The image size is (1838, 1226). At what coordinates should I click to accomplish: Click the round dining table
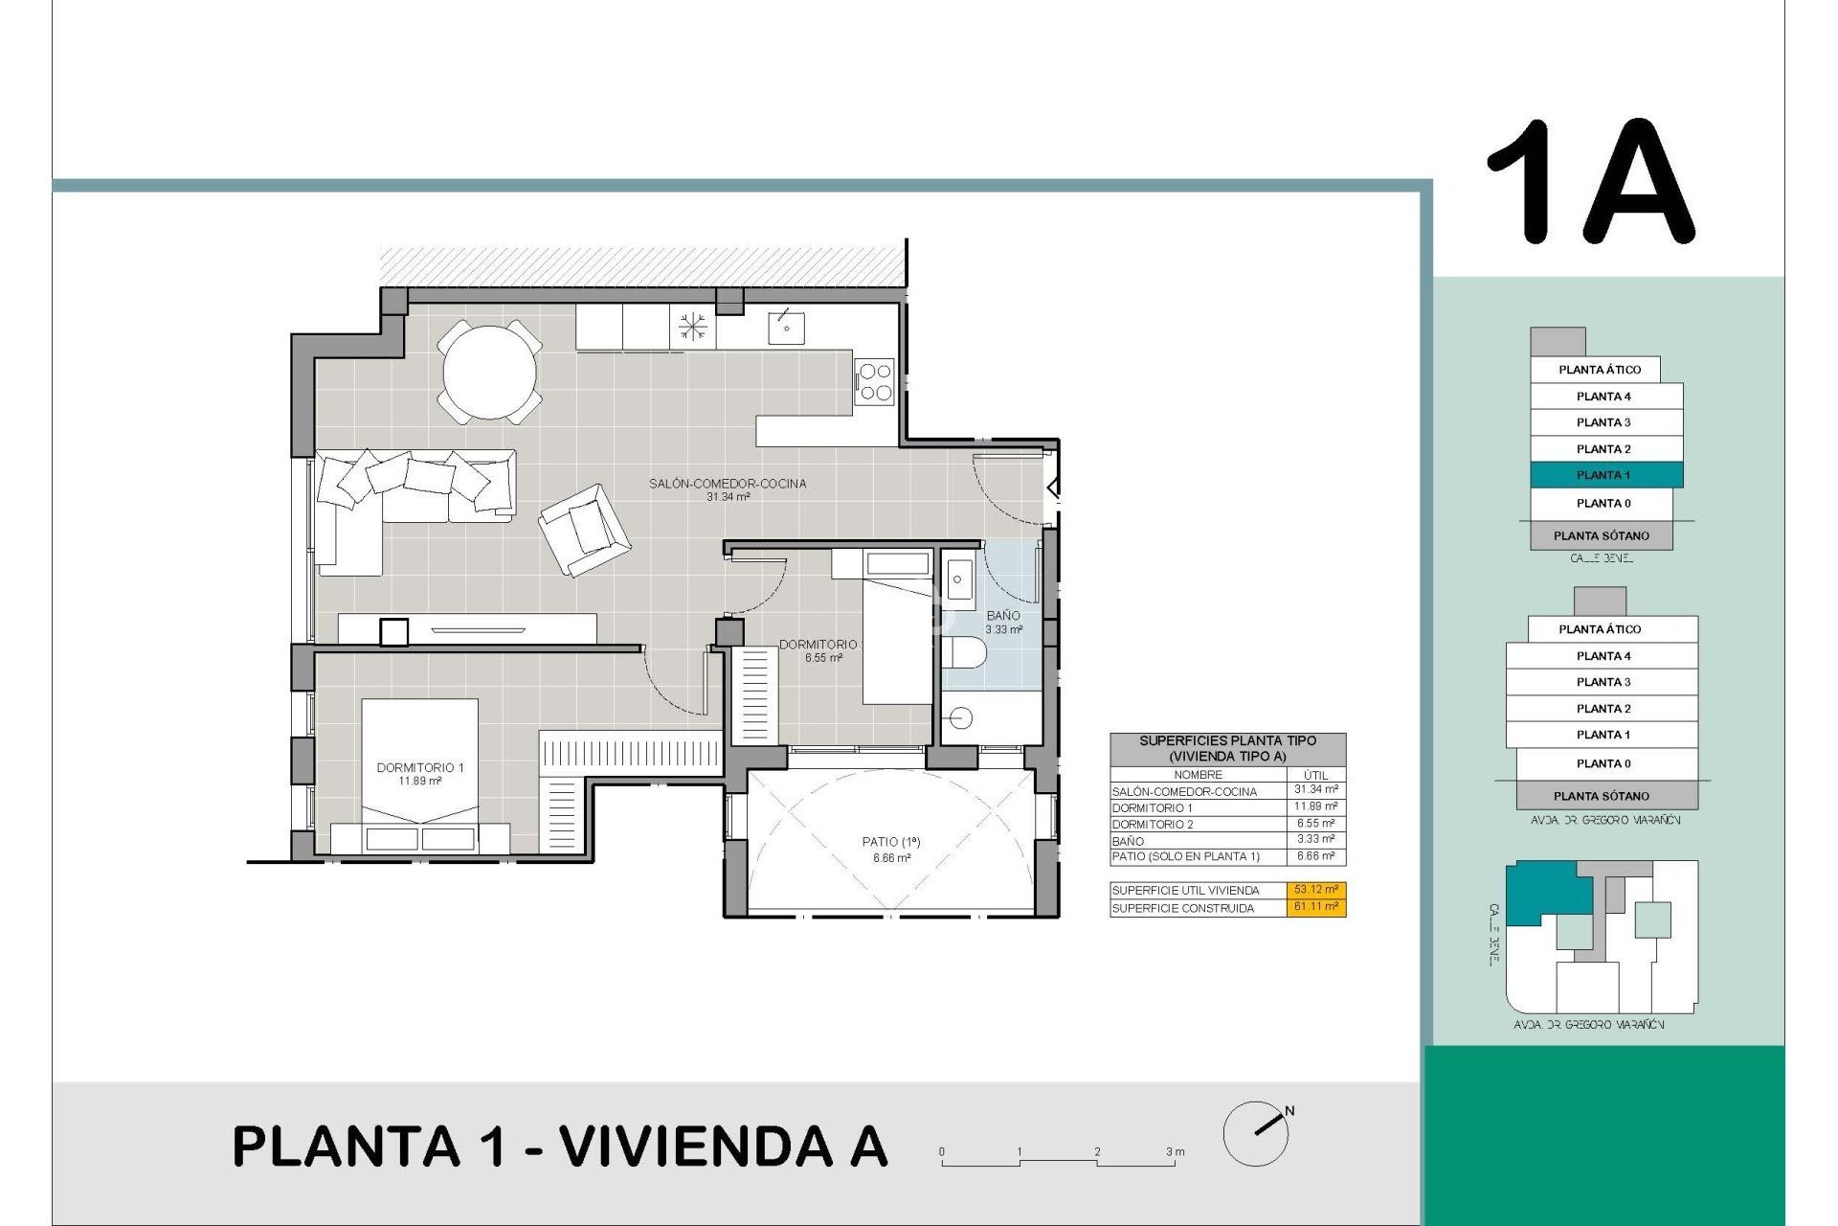click(x=489, y=372)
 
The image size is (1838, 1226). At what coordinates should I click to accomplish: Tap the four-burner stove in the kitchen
click(x=874, y=381)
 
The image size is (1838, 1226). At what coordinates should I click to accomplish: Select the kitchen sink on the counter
click(x=786, y=328)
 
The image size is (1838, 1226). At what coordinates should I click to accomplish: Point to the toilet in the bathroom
click(x=963, y=653)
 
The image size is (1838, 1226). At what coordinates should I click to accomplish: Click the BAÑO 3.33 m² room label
click(x=1003, y=623)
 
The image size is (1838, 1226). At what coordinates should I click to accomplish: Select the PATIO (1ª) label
click(x=890, y=849)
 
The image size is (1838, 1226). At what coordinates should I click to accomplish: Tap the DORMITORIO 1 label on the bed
click(x=419, y=774)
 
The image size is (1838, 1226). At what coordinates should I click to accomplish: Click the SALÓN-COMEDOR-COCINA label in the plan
click(x=728, y=489)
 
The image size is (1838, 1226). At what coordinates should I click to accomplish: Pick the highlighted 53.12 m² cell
click(x=1315, y=890)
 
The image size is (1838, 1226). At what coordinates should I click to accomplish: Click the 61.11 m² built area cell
click(x=1315, y=907)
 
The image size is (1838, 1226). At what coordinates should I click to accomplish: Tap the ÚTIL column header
click(x=1315, y=775)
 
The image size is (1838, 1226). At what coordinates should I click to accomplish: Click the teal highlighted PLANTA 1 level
click(x=1605, y=475)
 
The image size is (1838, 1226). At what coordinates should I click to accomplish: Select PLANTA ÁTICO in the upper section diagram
click(x=1599, y=370)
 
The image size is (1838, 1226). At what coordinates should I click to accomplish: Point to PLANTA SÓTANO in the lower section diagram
click(x=1601, y=796)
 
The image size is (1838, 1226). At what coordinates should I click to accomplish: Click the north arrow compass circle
click(x=1255, y=1134)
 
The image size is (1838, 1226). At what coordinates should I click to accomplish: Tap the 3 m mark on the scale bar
click(x=1175, y=1152)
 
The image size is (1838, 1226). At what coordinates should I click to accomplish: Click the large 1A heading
click(x=1591, y=182)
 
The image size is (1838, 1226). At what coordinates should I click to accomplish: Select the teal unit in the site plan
click(x=1544, y=891)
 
